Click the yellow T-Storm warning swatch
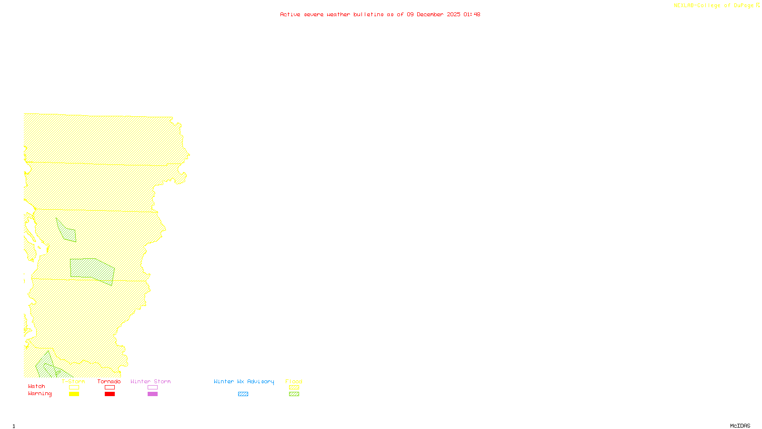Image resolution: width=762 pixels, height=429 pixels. [x=74, y=394]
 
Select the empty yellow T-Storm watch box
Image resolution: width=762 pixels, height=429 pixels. [x=74, y=388]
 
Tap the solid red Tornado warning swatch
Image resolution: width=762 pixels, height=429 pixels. [x=110, y=394]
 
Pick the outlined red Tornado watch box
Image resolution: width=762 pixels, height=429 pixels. [x=110, y=388]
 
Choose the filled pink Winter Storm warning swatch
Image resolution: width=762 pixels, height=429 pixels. [x=152, y=394]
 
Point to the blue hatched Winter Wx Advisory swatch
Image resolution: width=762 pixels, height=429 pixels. [x=243, y=394]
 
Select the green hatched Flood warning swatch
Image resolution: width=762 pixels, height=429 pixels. [x=294, y=394]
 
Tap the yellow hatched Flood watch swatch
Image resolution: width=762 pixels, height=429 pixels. [x=294, y=388]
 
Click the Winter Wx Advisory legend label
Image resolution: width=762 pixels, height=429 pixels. [x=244, y=381]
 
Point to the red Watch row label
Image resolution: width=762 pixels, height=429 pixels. [x=37, y=386]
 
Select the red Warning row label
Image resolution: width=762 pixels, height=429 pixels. [x=40, y=394]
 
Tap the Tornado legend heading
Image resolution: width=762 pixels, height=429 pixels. [x=109, y=381]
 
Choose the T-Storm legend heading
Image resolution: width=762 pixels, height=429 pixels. [x=73, y=381]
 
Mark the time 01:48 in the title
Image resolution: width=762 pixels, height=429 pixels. [x=471, y=14]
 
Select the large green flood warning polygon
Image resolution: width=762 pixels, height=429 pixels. [x=92, y=269]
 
